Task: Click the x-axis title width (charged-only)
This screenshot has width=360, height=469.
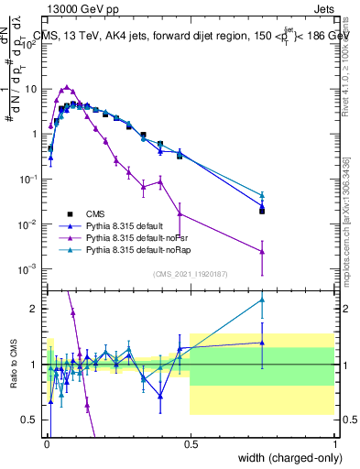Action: (x=287, y=458)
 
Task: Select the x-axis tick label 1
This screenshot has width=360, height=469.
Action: (x=335, y=444)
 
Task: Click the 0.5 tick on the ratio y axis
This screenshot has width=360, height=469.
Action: (x=31, y=420)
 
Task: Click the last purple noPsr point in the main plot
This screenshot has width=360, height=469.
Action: (x=262, y=251)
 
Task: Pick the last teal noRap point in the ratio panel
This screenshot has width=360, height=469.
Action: (x=262, y=300)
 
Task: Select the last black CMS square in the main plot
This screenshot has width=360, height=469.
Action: (x=262, y=211)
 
